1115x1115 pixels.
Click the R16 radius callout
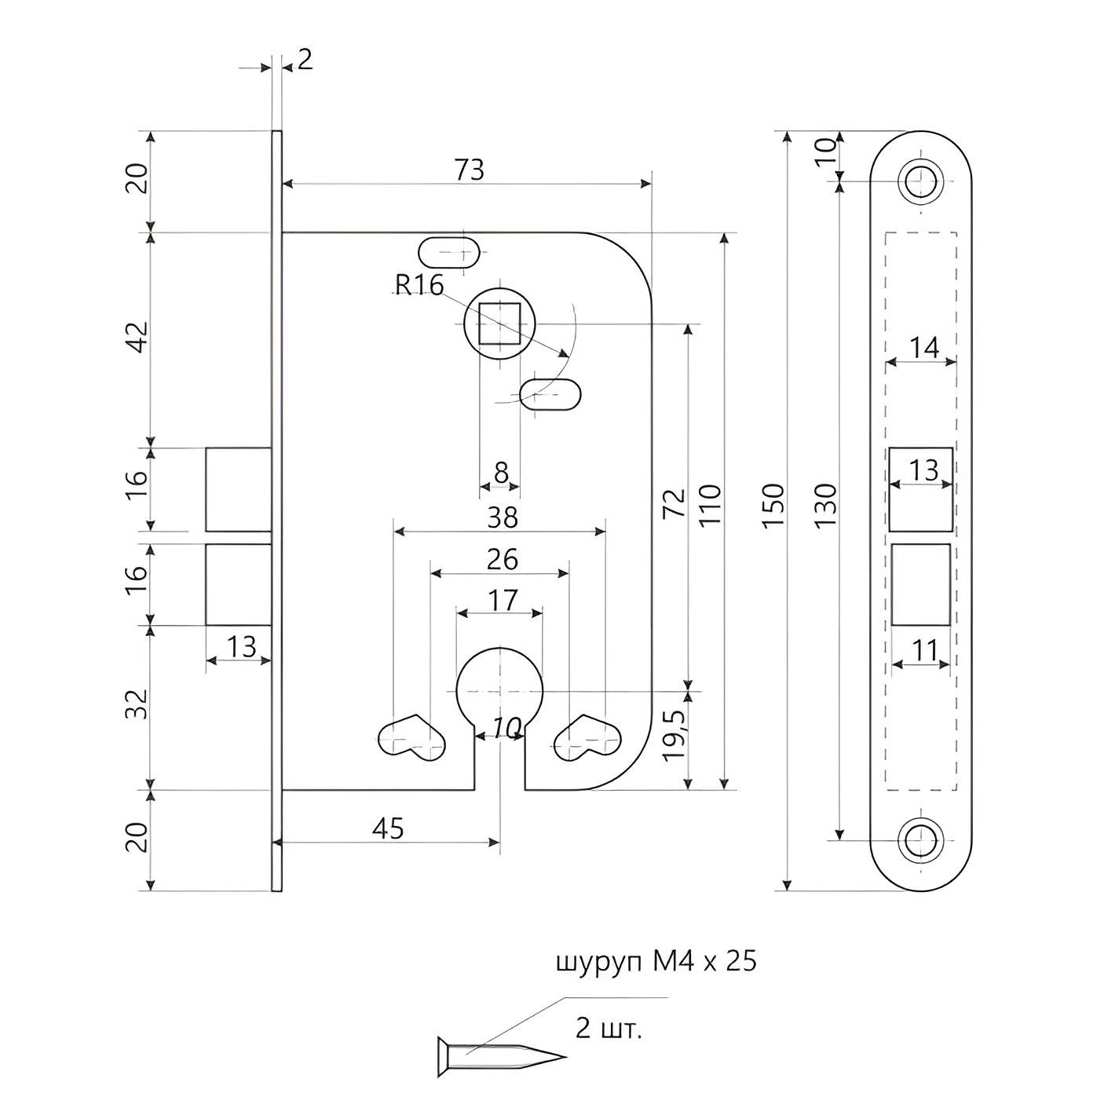(419, 285)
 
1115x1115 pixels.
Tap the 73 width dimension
(469, 170)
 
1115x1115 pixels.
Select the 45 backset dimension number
(388, 829)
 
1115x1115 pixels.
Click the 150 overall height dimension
(773, 505)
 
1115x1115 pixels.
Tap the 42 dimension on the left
(137, 338)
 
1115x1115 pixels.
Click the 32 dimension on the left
(137, 704)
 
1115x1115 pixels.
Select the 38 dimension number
(503, 518)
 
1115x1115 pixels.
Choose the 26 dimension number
(503, 560)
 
